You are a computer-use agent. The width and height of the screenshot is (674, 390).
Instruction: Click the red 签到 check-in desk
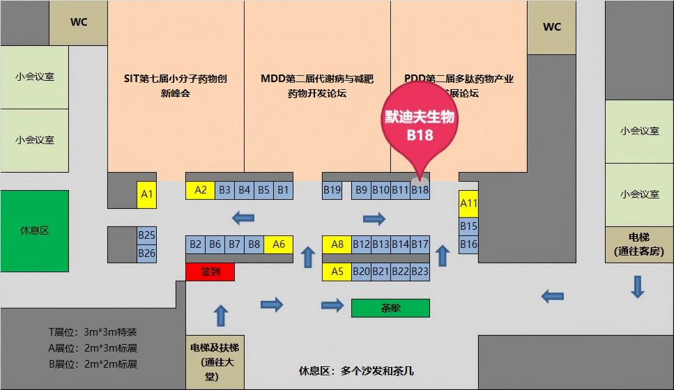210,272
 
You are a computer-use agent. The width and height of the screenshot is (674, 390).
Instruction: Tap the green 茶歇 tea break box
390,308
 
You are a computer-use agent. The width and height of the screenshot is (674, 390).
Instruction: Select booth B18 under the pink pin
420,189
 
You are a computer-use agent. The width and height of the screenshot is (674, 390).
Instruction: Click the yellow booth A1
146,194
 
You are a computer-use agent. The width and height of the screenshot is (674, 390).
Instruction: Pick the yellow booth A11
468,203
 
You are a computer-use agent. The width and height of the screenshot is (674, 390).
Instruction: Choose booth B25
146,235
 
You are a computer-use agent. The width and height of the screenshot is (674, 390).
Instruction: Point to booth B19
332,189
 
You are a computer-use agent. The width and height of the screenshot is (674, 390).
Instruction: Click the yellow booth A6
279,244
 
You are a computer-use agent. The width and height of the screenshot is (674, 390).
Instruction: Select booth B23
420,272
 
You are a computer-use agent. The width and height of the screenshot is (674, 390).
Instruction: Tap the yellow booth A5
337,272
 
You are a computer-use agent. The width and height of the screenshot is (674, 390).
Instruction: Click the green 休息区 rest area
34,231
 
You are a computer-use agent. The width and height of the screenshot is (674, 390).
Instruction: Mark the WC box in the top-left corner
79,22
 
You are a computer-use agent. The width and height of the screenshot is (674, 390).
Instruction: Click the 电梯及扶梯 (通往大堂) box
215,361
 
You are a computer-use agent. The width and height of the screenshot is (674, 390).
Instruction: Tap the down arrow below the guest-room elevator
637,286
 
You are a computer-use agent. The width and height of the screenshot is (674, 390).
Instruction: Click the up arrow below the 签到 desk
221,316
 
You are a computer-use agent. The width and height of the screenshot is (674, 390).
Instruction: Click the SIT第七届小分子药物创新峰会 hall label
175,86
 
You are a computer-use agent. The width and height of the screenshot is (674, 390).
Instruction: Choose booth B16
468,244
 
